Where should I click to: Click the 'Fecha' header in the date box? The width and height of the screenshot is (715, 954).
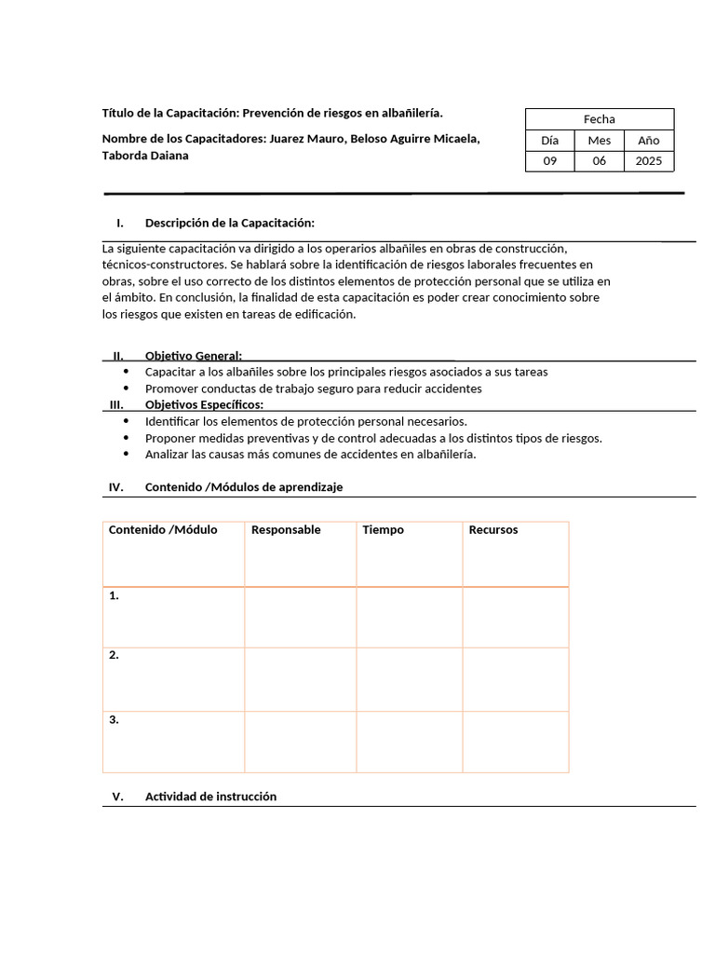click(x=599, y=118)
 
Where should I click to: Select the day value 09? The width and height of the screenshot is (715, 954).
click(x=549, y=161)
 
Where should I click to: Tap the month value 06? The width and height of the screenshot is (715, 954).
click(x=599, y=161)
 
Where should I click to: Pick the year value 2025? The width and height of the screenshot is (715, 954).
click(x=648, y=161)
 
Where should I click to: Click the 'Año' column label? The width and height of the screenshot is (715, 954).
click(x=648, y=140)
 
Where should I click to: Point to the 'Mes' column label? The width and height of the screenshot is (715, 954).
click(x=599, y=140)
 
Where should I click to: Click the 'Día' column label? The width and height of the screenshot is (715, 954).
click(x=549, y=140)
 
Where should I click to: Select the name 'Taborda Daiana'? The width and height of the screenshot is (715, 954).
click(x=145, y=156)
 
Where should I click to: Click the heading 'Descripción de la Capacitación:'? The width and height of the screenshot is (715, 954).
click(x=229, y=223)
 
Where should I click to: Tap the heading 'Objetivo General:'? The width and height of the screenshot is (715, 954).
click(x=193, y=356)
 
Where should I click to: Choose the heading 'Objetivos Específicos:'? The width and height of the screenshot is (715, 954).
click(x=204, y=404)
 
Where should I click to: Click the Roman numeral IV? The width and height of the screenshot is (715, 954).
click(x=116, y=487)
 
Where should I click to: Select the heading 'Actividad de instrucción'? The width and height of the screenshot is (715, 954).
click(x=210, y=797)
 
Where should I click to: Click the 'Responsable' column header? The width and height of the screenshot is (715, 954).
click(x=286, y=530)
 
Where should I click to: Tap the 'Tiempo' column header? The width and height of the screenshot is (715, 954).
click(x=383, y=530)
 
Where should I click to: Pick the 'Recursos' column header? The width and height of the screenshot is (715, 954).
click(x=493, y=530)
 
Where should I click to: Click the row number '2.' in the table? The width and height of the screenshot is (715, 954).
click(x=114, y=655)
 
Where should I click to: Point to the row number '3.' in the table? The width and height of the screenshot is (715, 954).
click(x=114, y=720)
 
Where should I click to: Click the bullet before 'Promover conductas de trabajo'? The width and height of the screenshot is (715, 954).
click(x=127, y=388)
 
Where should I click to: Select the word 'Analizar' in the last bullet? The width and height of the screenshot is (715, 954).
click(x=167, y=455)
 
